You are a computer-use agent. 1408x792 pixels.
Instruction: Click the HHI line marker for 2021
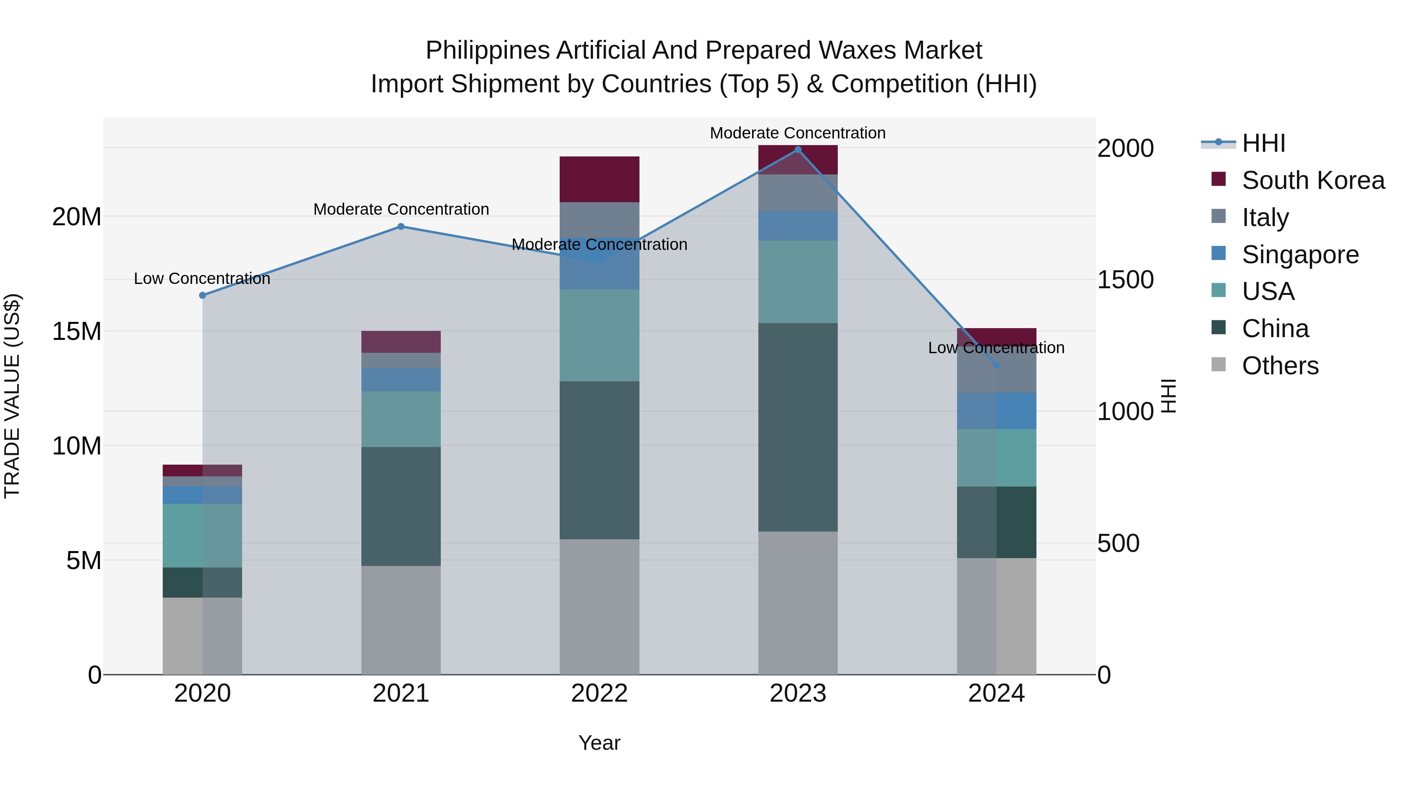coord(400,226)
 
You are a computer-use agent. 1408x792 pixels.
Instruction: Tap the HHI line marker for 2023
coord(797,150)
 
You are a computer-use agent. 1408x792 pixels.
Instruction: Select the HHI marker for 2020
coord(202,295)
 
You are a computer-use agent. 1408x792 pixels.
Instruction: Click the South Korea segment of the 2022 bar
coord(599,179)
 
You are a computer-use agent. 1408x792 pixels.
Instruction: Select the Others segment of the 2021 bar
coord(400,620)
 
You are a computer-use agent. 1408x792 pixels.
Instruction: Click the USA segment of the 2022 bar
coord(599,335)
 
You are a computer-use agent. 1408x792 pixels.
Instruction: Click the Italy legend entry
coord(1265,217)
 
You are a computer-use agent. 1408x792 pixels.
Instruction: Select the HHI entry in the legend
coord(1263,143)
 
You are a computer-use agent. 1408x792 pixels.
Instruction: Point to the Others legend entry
coord(1280,366)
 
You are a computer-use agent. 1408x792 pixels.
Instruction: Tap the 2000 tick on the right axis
coord(1125,149)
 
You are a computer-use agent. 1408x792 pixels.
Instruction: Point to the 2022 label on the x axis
coord(599,693)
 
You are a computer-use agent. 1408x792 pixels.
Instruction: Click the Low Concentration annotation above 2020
coord(202,279)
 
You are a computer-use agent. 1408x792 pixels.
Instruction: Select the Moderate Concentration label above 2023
coord(797,133)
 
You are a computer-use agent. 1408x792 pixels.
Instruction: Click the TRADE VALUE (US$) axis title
coord(12,396)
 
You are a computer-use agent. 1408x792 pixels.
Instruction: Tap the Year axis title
coord(599,743)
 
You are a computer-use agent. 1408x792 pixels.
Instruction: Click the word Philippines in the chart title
coord(487,50)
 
